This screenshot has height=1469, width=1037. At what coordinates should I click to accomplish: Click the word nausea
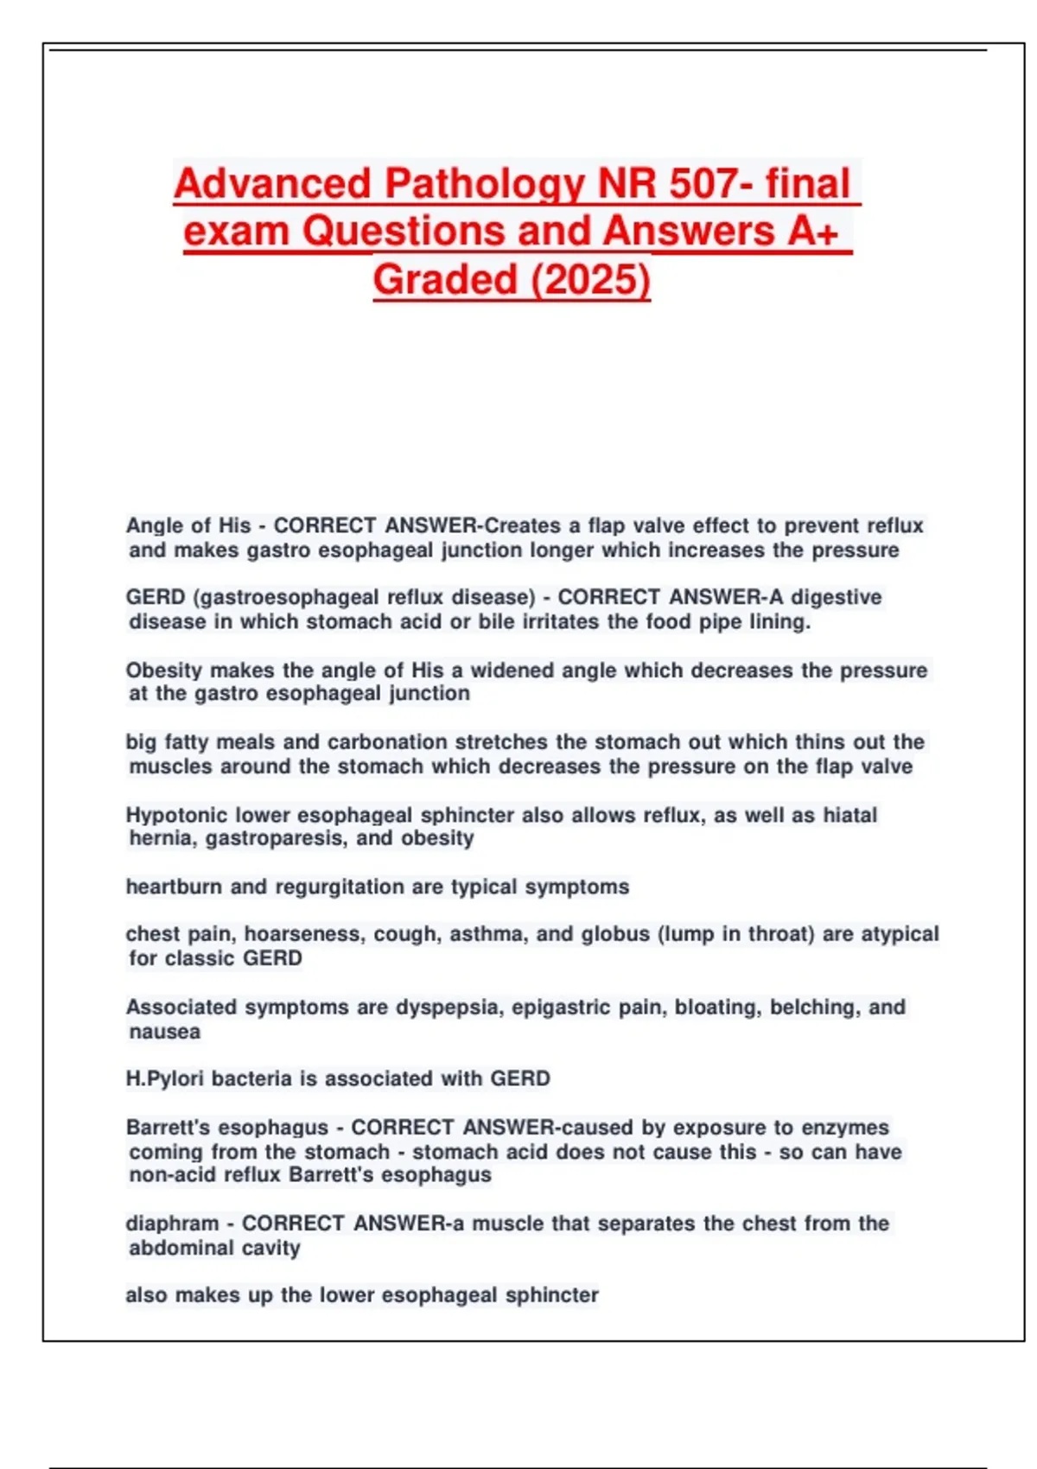coord(164,1031)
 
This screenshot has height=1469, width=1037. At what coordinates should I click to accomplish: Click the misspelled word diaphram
coord(172,1224)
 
